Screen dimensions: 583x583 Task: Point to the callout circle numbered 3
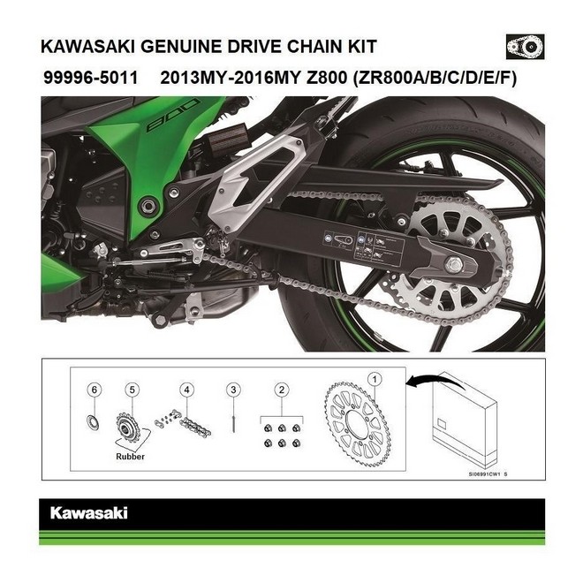click(x=232, y=389)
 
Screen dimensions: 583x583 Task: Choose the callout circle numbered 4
click(x=186, y=389)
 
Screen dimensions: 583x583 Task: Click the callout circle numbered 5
click(x=132, y=389)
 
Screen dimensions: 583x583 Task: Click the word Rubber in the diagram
click(x=130, y=458)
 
